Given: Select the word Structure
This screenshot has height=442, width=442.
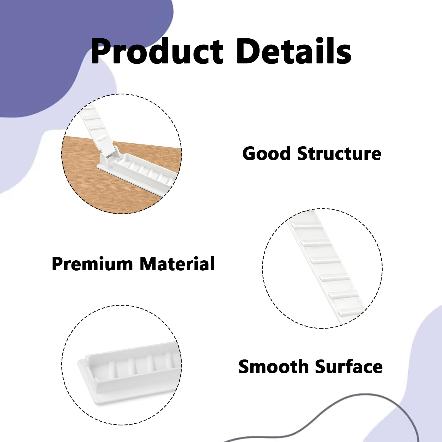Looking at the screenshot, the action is [339, 153].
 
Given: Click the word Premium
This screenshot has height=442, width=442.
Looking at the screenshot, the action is [92, 264].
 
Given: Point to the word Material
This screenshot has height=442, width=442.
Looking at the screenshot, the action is [177, 264].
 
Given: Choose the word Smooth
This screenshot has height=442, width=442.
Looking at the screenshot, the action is [273, 367].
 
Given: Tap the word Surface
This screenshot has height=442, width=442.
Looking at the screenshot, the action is [349, 367].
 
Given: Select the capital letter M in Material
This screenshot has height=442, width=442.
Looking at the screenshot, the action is [149, 264].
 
